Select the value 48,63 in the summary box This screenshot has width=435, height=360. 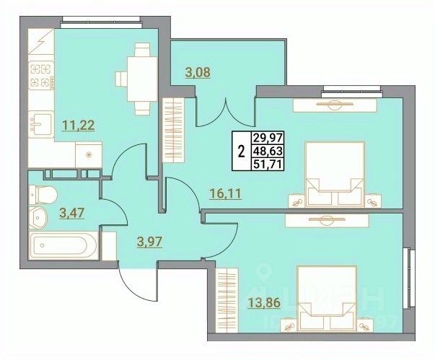pyautogui.click(x=265, y=152)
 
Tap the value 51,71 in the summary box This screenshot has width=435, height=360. pyautogui.click(x=265, y=164)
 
